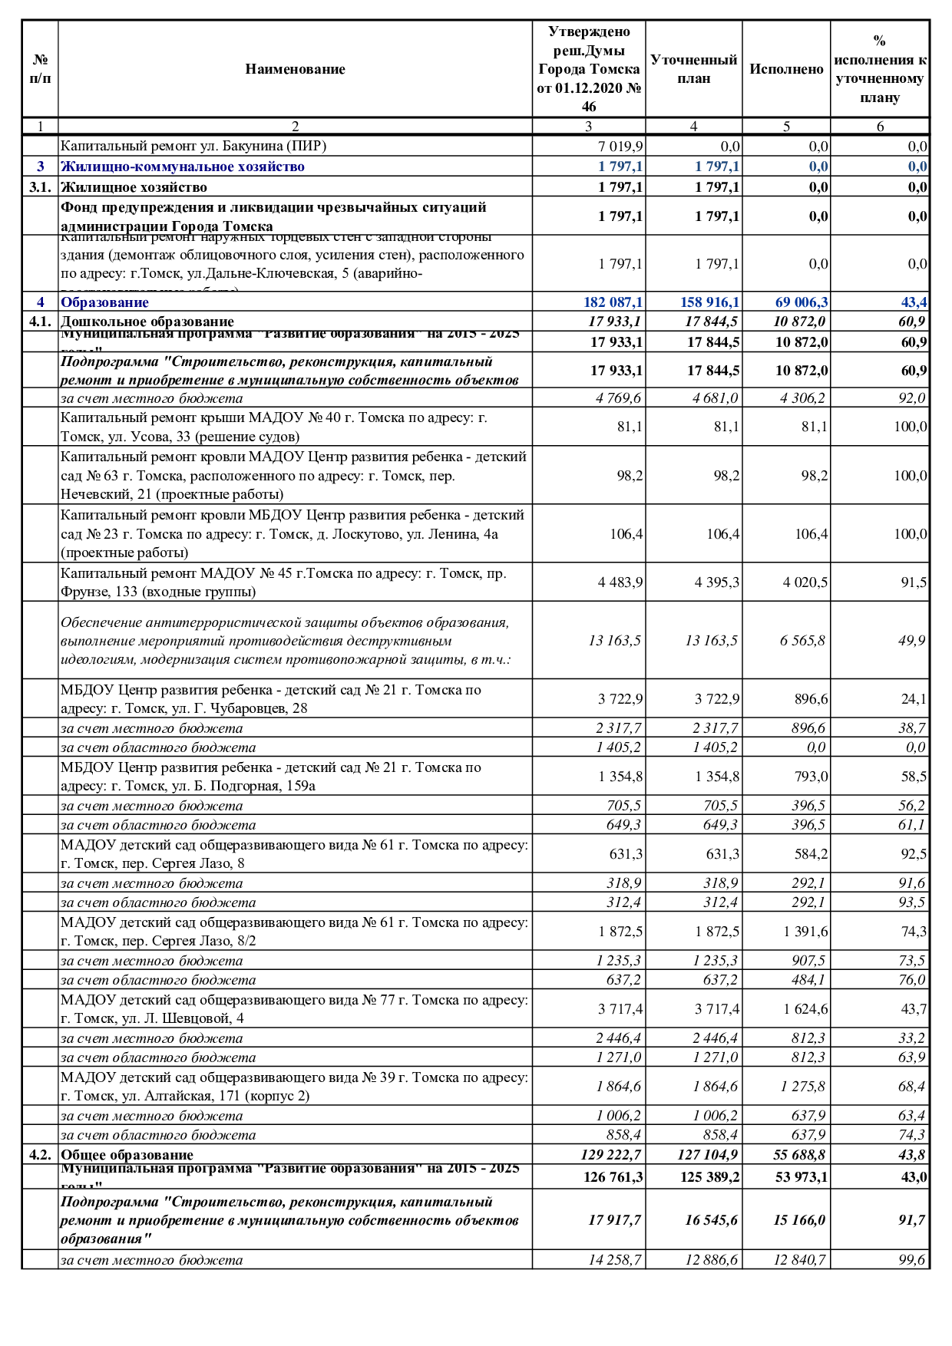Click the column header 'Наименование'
(295, 69)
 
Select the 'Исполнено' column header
(786, 69)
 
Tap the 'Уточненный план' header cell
(693, 69)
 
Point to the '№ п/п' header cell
(40, 69)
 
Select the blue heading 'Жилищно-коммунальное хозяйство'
(183, 167)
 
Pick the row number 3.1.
(40, 187)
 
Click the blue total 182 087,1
(613, 302)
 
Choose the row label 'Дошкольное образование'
(147, 322)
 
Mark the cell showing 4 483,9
(620, 582)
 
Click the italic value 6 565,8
(803, 641)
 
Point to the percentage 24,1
(914, 699)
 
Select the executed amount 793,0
(810, 777)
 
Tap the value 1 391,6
(805, 932)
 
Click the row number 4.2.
(40, 1155)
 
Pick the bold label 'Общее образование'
(127, 1155)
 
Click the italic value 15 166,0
(799, 1220)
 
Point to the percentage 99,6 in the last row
(911, 1260)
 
